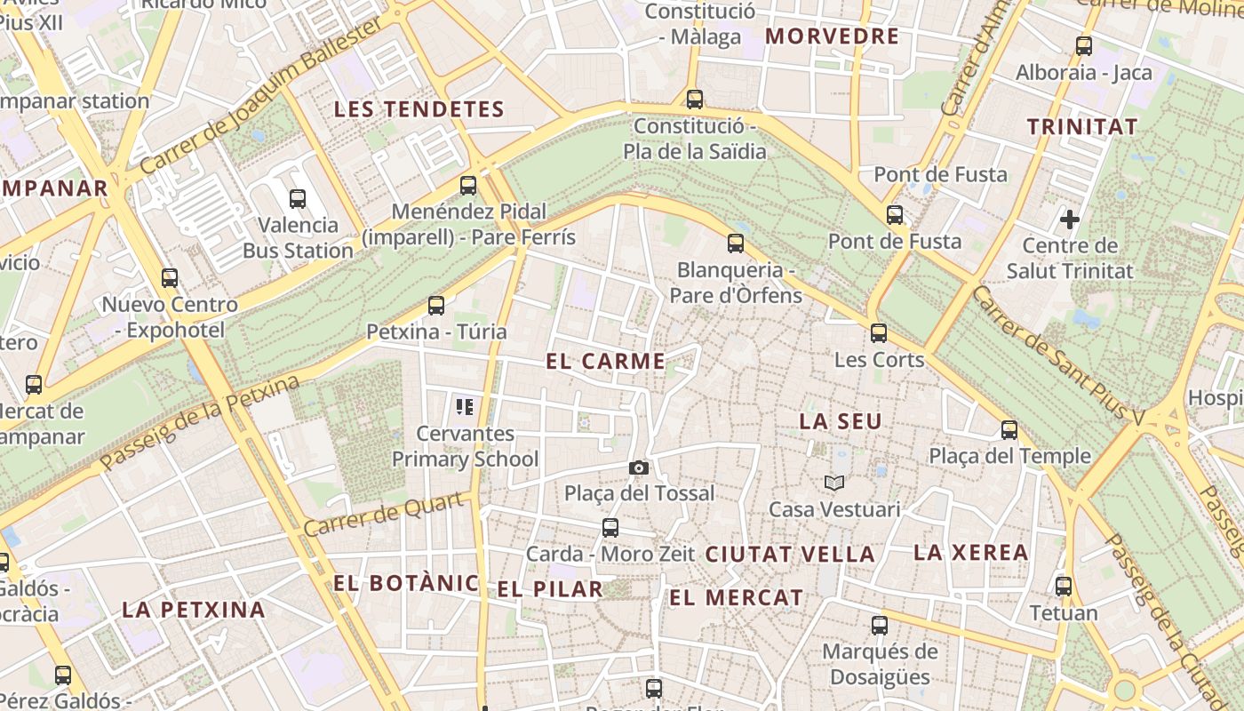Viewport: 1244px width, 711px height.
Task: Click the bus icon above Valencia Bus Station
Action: (298, 199)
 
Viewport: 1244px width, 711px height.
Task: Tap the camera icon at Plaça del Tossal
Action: (638, 467)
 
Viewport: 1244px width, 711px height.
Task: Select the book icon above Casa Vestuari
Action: (833, 483)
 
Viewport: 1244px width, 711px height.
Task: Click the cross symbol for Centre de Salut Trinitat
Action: (1070, 219)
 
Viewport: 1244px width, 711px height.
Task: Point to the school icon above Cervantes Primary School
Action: (464, 407)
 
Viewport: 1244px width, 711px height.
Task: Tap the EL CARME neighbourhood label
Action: (605, 361)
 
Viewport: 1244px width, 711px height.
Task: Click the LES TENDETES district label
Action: (419, 109)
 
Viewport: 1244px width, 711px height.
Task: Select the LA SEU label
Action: (841, 421)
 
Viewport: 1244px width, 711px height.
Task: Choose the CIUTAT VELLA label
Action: (790, 554)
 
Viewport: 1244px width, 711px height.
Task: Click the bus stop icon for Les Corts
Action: (879, 333)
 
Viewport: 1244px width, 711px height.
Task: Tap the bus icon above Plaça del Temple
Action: (1009, 430)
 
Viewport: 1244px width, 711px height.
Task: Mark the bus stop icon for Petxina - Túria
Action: (435, 306)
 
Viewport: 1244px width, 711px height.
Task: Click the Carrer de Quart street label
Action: (385, 513)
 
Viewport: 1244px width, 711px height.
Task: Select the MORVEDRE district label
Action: (833, 36)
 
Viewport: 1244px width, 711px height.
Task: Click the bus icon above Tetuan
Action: (1064, 587)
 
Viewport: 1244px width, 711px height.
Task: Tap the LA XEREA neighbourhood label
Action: (971, 552)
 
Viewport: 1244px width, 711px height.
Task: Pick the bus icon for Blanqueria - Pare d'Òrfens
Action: (736, 243)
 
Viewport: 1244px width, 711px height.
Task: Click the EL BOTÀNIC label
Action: (406, 583)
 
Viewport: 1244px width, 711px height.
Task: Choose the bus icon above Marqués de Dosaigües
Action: (880, 625)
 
